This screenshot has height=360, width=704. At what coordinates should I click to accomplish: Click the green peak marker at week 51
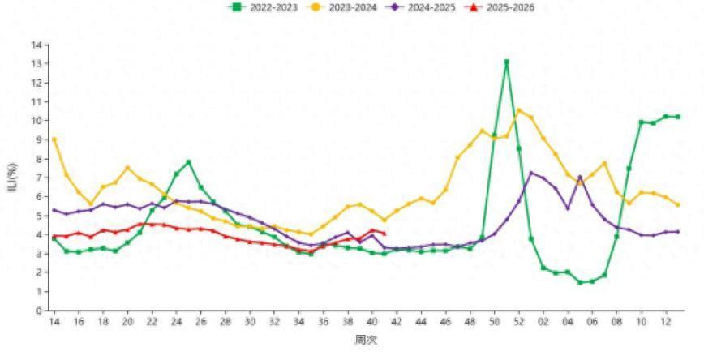coord(506,62)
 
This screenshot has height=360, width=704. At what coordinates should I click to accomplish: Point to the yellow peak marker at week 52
coord(519,110)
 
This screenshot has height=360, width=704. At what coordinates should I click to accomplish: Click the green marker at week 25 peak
coord(188,162)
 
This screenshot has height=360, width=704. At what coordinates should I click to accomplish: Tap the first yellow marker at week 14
coord(54,139)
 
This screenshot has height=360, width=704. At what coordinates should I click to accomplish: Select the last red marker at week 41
coord(384,234)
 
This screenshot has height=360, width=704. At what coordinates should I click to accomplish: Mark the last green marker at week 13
coord(677,117)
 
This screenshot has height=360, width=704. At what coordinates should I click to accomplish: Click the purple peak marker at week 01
coord(531,173)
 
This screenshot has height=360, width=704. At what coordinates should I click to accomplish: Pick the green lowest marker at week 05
coord(580,282)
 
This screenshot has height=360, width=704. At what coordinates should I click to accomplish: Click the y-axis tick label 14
coord(36,45)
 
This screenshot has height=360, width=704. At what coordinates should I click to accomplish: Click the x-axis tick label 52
coord(519,323)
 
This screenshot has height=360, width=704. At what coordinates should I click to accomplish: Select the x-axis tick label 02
coord(543,323)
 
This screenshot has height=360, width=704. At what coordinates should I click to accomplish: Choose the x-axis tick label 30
coord(250,323)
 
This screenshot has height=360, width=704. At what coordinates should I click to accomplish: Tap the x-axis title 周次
coord(366,340)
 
